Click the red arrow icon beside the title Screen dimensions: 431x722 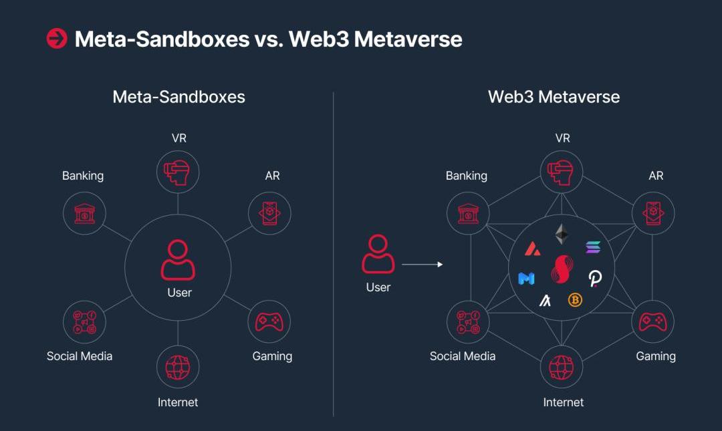(x=56, y=39)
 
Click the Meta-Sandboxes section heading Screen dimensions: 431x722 (x=178, y=97)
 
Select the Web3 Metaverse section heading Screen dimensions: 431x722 (x=554, y=97)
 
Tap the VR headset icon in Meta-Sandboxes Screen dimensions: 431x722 (x=178, y=171)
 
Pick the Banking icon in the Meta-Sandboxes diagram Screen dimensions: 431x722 (x=84, y=213)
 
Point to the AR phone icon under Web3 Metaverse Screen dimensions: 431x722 (x=653, y=213)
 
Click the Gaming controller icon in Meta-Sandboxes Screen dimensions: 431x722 (x=269, y=322)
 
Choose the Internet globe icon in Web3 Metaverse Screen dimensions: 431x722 (x=562, y=367)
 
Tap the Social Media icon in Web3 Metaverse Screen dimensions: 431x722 (x=468, y=322)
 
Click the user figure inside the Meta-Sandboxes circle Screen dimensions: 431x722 (x=178, y=260)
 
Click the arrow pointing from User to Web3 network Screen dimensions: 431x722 (x=423, y=265)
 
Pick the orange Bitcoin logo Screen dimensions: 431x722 (x=575, y=300)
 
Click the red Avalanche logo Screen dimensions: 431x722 (x=532, y=249)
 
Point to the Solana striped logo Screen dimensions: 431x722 (x=593, y=247)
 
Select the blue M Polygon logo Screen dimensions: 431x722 (x=526, y=278)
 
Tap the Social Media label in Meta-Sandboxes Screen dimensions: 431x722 (x=80, y=356)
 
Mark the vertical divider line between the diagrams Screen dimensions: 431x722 (x=334, y=254)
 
